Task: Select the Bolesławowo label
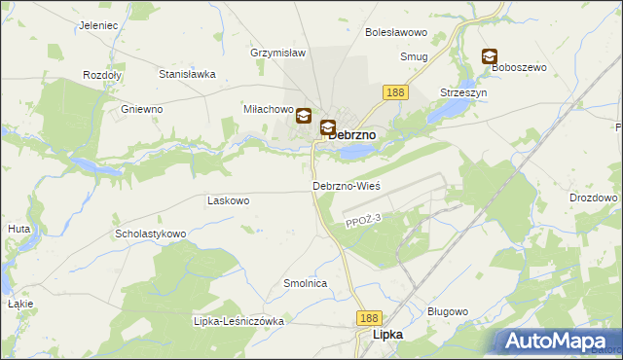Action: (x=391, y=32)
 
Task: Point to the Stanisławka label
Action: (x=186, y=73)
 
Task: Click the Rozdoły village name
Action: (x=101, y=75)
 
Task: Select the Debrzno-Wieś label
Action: (x=346, y=185)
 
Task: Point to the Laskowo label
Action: (x=229, y=200)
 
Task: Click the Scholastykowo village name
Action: (x=150, y=234)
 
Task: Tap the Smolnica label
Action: (x=304, y=283)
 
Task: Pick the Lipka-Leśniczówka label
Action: (x=238, y=321)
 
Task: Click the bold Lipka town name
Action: (x=387, y=335)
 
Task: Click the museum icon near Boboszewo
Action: (x=489, y=57)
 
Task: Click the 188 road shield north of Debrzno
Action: (x=395, y=92)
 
